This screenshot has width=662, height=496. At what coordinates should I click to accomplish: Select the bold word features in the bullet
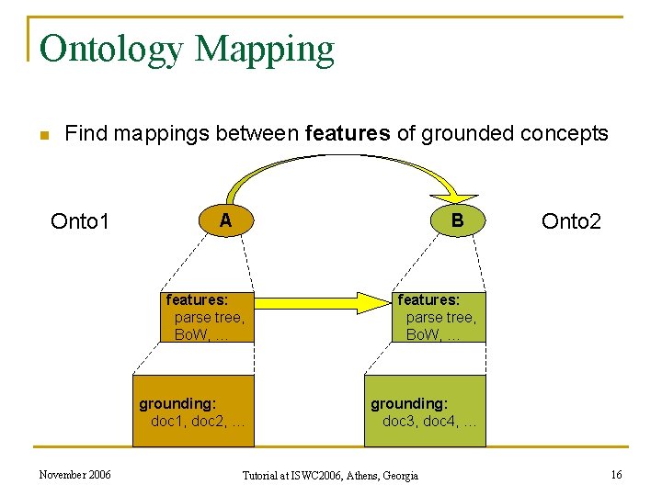click(x=347, y=134)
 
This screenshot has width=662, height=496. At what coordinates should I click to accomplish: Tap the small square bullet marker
click(x=42, y=136)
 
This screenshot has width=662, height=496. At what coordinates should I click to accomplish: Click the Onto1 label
click(x=80, y=221)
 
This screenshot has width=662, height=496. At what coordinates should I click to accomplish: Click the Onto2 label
click(x=571, y=221)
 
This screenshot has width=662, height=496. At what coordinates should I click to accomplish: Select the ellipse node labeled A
click(x=225, y=220)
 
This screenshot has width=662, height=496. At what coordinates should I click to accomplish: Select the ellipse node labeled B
click(x=457, y=220)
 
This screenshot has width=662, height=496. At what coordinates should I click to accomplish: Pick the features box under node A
click(x=208, y=317)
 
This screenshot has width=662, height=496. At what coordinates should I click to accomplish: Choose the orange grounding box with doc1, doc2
click(x=192, y=411)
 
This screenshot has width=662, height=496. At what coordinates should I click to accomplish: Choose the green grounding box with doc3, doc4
click(x=424, y=411)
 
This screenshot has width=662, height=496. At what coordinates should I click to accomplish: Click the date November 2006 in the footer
click(x=74, y=475)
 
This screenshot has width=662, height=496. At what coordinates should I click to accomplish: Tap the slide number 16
click(x=616, y=475)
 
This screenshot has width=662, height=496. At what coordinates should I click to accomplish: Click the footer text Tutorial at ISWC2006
click(x=329, y=476)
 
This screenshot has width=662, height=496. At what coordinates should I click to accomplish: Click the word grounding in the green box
click(x=409, y=403)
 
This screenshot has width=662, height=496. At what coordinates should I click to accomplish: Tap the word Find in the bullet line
click(x=86, y=134)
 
